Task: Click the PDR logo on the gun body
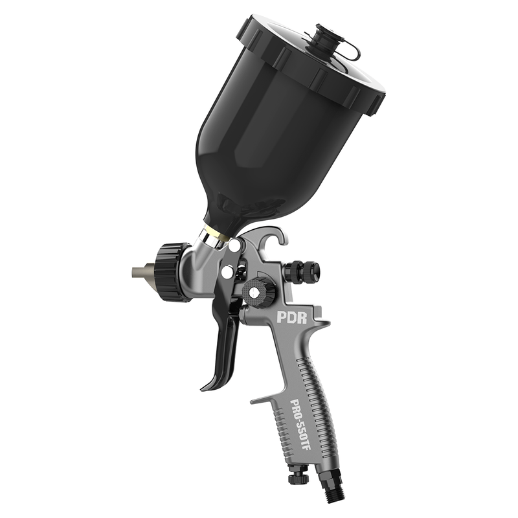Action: pyautogui.click(x=292, y=317)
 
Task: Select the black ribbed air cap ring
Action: pyautogui.click(x=172, y=271)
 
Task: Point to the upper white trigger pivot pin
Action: pyautogui.click(x=234, y=245)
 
